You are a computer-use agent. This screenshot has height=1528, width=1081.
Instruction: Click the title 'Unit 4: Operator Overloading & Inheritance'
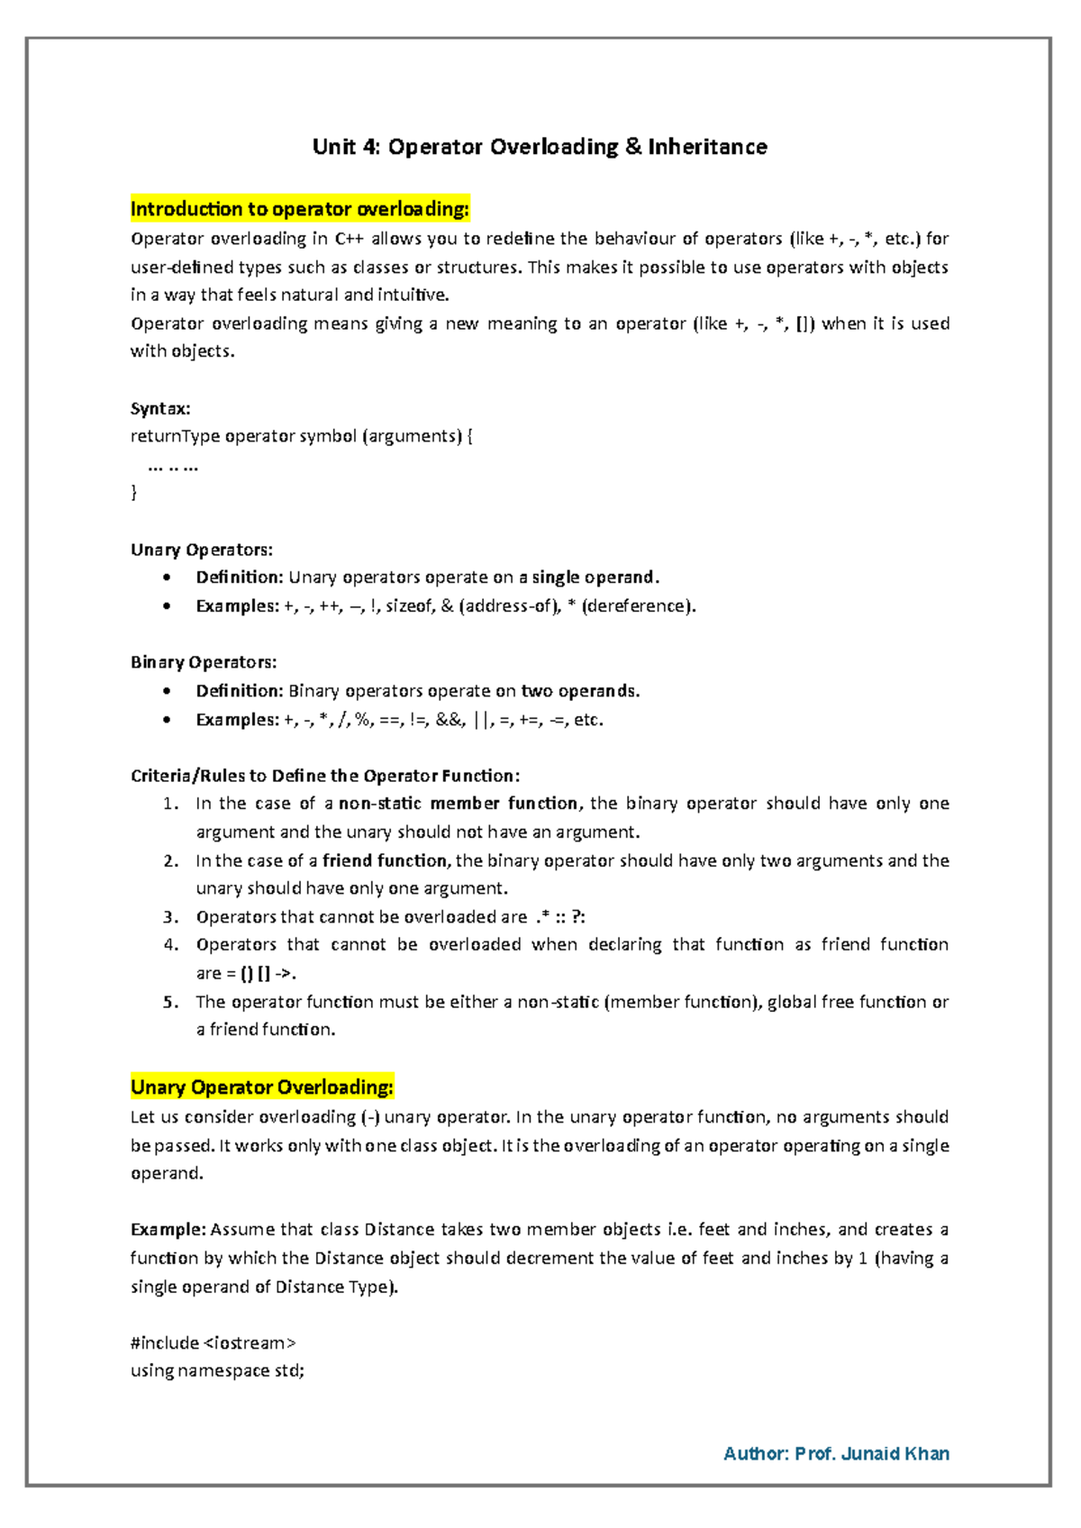coord(540,147)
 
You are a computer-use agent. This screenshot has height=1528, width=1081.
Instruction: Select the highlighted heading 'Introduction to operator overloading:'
coord(300,209)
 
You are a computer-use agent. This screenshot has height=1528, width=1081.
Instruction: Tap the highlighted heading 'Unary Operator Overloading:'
coord(262,1087)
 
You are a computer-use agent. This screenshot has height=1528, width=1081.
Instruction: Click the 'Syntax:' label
coord(160,408)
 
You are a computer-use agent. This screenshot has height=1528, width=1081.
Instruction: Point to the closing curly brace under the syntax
coord(134,492)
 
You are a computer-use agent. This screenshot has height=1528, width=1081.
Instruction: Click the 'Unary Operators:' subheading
coord(202,550)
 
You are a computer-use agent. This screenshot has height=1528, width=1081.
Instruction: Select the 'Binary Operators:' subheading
coord(204,662)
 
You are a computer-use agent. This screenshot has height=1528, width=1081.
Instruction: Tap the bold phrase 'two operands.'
coord(580,691)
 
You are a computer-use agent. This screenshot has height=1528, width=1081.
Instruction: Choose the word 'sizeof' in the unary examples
coord(409,606)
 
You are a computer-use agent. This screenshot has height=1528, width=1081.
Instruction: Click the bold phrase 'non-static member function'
coord(459,804)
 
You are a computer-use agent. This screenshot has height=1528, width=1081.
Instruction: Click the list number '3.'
coord(171,917)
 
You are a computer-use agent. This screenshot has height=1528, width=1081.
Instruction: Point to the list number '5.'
coord(171,1002)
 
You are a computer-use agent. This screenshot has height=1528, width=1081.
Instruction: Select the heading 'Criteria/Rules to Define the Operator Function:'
coord(325,776)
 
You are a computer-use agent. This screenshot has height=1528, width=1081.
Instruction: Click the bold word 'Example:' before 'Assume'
coord(168,1230)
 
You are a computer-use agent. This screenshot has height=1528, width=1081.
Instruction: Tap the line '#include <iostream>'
coord(213,1342)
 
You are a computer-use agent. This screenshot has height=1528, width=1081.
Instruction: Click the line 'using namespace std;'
coord(217,1370)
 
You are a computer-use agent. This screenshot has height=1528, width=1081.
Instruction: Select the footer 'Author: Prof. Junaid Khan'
coord(836,1453)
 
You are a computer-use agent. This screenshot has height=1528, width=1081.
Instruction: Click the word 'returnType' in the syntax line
coord(175,436)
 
